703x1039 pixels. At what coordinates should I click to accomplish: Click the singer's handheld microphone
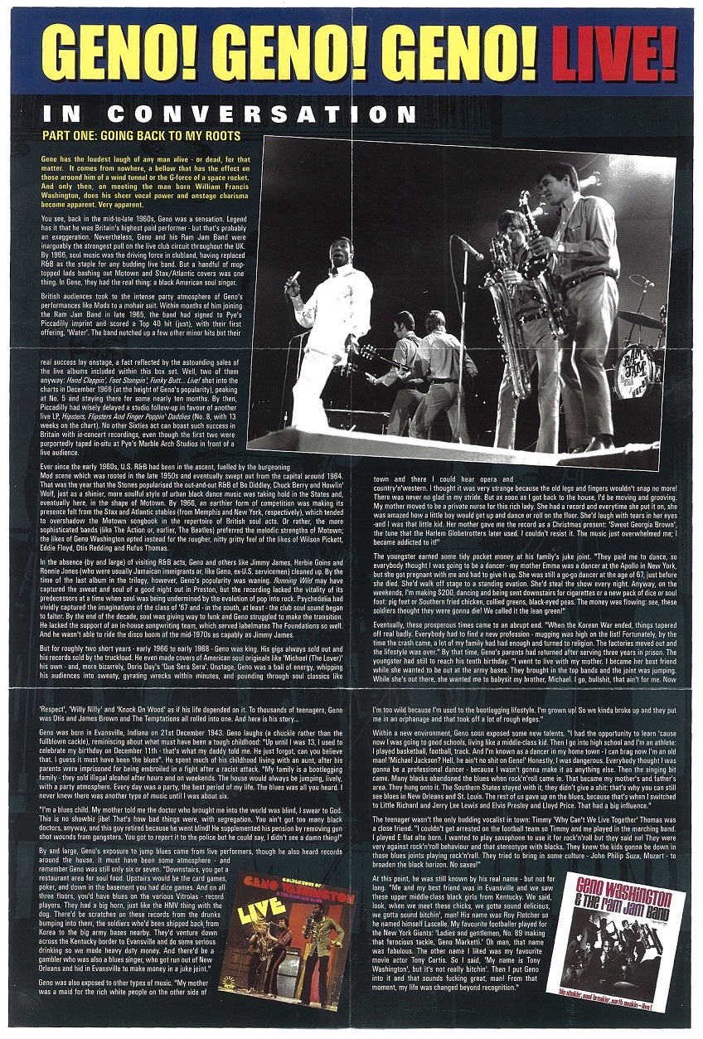(294, 278)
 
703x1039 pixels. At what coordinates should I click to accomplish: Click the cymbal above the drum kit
(640, 317)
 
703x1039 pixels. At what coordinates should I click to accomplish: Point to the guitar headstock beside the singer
(366, 354)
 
